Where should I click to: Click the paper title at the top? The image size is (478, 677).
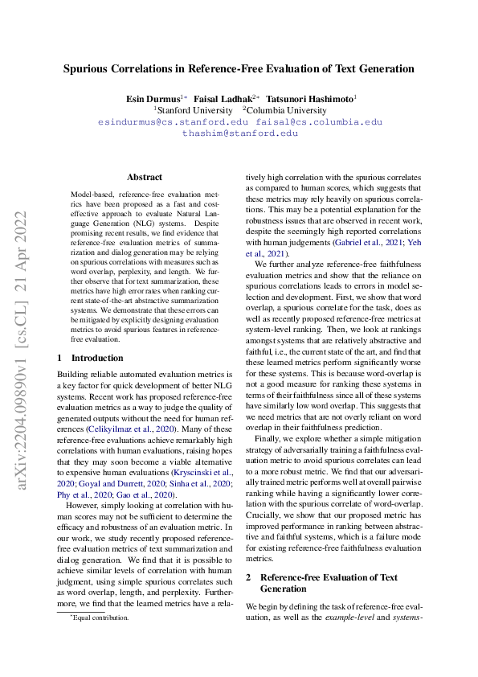click(x=239, y=68)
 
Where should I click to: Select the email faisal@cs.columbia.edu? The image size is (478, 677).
click(x=319, y=122)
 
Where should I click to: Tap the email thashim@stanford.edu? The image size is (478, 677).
click(x=239, y=133)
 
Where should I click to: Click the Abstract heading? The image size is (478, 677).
click(x=145, y=177)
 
